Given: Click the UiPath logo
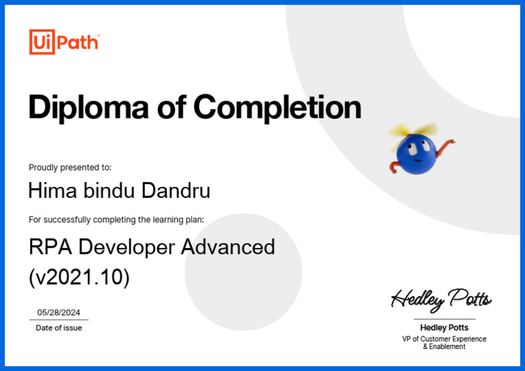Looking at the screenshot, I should tap(64, 42).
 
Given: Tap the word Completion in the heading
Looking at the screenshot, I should tap(277, 107).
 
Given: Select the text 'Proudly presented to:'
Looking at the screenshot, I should tap(70, 168).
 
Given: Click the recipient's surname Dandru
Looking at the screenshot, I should tap(176, 190).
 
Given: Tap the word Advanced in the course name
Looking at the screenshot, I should tap(228, 246).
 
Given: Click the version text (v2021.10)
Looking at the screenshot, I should tap(79, 277).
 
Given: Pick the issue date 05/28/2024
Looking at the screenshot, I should tap(59, 312).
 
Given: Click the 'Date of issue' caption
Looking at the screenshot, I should tap(59, 328).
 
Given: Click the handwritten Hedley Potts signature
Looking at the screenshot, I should tap(441, 299).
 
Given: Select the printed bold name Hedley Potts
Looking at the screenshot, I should tap(444, 327).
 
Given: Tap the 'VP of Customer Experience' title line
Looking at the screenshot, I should tap(444, 339).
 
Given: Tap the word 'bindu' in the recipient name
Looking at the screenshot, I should tap(110, 190).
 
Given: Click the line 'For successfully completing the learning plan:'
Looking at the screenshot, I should tap(116, 220).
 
